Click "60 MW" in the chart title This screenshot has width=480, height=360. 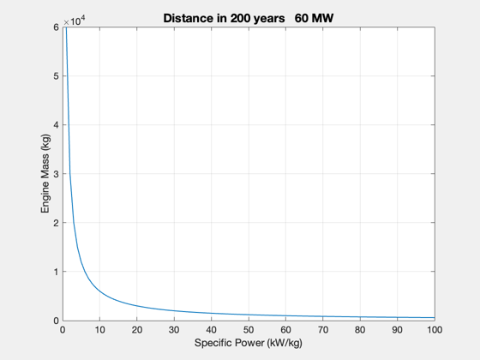pyautogui.click(x=314, y=18)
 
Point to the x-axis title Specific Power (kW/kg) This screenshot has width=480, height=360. pyautogui.click(x=249, y=343)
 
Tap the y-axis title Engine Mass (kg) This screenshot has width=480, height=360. pyautogui.click(x=45, y=173)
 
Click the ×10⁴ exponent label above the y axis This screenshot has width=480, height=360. pyautogui.click(x=74, y=21)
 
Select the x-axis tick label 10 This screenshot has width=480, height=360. pyautogui.click(x=99, y=330)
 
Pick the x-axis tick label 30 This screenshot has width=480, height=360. pyautogui.click(x=174, y=330)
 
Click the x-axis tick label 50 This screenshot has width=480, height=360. pyautogui.click(x=249, y=330)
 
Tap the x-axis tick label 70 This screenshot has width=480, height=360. pyautogui.click(x=323, y=330)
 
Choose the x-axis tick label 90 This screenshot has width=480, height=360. pyautogui.click(x=398, y=330)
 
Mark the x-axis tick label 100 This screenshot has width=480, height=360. pyautogui.click(x=435, y=330)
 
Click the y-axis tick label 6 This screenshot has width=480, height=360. pyautogui.click(x=56, y=27)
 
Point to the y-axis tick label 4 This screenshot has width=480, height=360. pyautogui.click(x=56, y=125)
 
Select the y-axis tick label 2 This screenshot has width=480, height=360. pyautogui.click(x=56, y=223)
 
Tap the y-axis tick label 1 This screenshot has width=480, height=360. pyautogui.click(x=56, y=272)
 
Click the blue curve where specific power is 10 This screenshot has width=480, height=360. pyautogui.click(x=99, y=291)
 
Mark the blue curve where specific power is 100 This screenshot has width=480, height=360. pyautogui.click(x=435, y=317)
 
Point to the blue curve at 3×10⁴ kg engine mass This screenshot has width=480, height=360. pyautogui.click(x=70, y=173)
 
